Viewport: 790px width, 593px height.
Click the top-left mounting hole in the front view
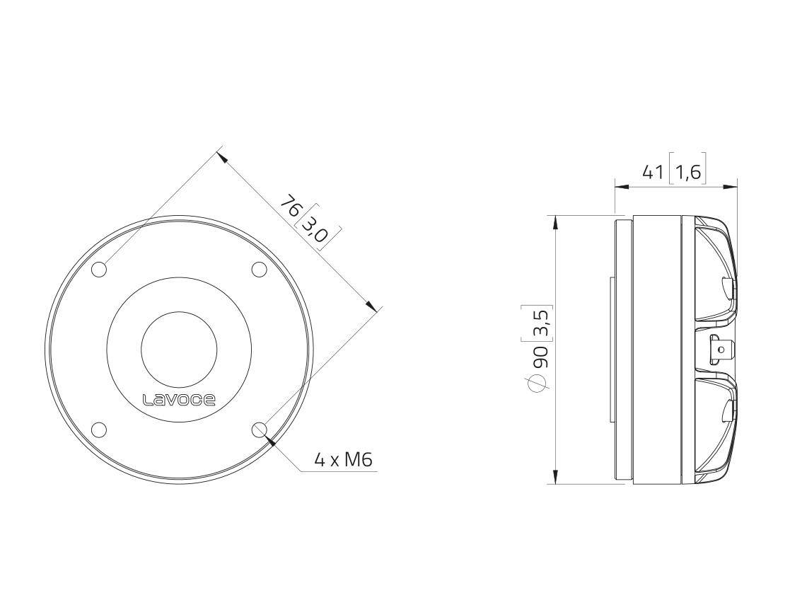click(100, 270)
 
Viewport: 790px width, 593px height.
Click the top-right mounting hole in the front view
click(260, 270)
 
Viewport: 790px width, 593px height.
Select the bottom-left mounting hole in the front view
click(100, 429)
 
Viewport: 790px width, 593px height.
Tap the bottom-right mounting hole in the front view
click(260, 429)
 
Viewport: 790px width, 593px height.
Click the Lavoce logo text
click(180, 400)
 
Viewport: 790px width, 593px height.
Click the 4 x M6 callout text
click(343, 461)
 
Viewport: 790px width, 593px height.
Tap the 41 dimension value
click(654, 172)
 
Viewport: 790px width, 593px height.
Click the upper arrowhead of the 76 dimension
click(221, 156)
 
